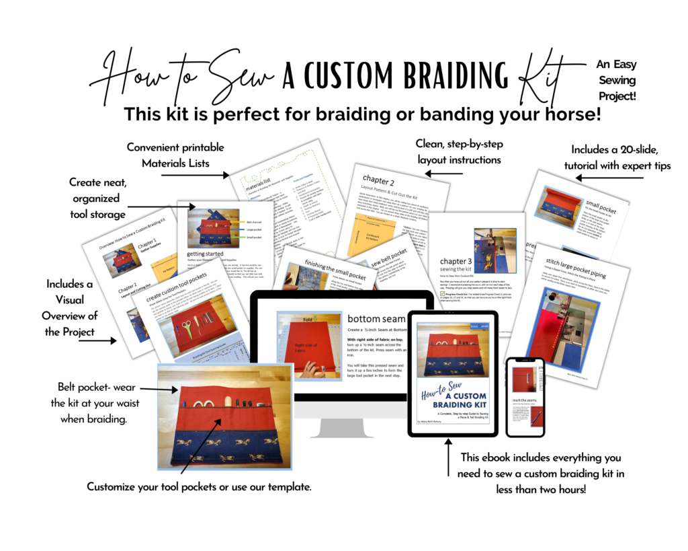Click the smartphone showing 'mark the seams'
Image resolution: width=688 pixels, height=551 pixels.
pos(525,397)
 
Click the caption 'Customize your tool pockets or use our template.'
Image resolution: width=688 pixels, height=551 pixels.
pos(200,486)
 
